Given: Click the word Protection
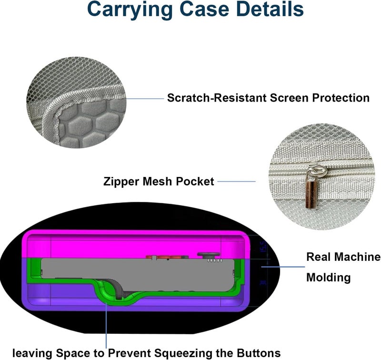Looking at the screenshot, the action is [x=341, y=98].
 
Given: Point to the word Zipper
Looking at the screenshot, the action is [x=121, y=182].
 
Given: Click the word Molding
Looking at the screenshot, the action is [x=328, y=278].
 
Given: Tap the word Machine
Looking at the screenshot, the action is [x=361, y=257].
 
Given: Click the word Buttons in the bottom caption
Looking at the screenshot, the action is [x=259, y=353].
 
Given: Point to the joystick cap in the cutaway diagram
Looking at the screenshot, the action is [x=209, y=255].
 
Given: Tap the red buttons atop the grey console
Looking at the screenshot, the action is [x=167, y=257].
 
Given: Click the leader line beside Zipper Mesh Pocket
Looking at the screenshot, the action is [x=236, y=181].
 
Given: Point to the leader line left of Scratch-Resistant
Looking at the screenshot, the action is [x=145, y=99].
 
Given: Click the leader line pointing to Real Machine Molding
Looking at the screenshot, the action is [x=283, y=267].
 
